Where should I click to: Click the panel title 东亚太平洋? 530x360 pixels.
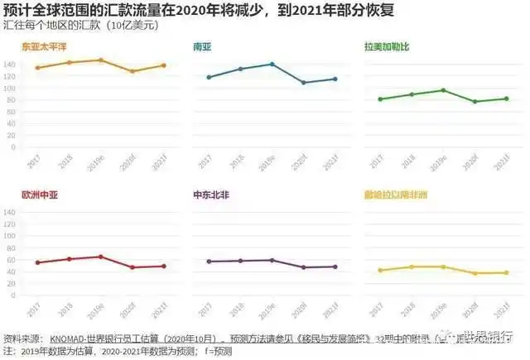(x=44, y=46)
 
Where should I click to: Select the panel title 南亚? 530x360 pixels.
(x=201, y=46)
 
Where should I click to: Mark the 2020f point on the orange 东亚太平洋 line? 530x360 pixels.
(x=132, y=71)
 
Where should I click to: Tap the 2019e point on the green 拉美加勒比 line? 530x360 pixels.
(x=443, y=90)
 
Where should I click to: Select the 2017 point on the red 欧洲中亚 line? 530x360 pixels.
(x=37, y=263)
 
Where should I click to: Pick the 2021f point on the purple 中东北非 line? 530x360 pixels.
(x=334, y=266)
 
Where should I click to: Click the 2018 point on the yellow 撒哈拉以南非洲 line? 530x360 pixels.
(x=412, y=266)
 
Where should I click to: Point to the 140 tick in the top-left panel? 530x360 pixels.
(x=10, y=65)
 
